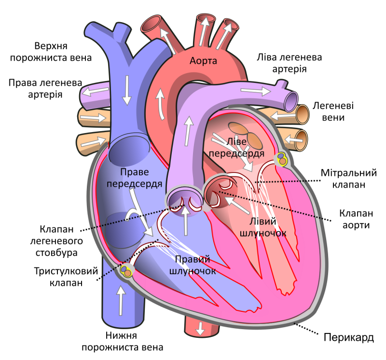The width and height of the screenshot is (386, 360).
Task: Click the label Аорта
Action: pos(203,61)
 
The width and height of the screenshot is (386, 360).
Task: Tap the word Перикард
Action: pos(348,337)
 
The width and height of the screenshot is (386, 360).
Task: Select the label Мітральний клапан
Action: pos(348,178)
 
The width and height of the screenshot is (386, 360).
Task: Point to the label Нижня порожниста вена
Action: pos(123,341)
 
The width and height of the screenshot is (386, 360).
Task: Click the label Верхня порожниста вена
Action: pos(51,52)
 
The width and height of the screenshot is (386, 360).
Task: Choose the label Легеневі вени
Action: pos(333,111)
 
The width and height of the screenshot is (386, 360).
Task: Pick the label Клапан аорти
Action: pos(356,219)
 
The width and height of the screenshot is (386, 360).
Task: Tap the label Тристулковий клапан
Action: pos(66,277)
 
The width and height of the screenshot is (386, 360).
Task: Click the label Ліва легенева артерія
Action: pos(289,63)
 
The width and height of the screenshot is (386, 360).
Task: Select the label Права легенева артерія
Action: pos(45,89)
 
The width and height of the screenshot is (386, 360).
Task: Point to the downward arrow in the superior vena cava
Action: pos(127,90)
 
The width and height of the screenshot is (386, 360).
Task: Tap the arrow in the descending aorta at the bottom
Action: pos(200,329)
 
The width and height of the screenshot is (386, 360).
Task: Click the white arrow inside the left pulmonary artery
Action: pos(256,91)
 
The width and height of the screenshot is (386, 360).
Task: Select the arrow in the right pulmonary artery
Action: pos(95,92)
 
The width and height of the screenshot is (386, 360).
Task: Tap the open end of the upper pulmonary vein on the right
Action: pos(303,114)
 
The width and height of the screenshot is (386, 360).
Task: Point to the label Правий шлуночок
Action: pos(193,265)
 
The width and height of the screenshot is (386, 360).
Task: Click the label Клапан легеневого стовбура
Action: pos(56,241)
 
